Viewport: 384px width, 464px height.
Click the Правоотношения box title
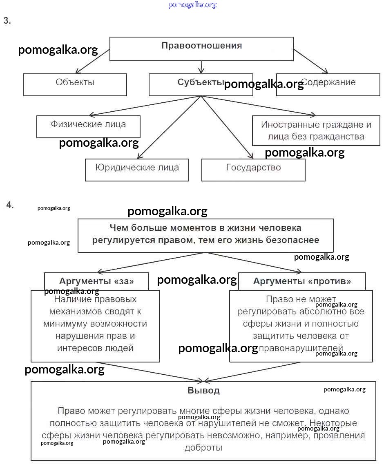tap(201, 46)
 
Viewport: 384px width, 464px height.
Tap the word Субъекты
tap(200, 82)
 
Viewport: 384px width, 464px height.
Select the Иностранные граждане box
tap(316, 130)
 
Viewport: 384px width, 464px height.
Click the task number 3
tap(7, 21)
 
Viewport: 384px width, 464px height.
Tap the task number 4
tap(10, 205)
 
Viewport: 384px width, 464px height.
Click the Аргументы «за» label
tap(96, 281)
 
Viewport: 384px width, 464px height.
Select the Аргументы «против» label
tap(302, 281)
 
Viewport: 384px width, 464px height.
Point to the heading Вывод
tap(203, 391)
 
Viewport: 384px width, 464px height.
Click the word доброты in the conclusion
tap(203, 447)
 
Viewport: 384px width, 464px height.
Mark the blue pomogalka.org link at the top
tap(192, 5)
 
